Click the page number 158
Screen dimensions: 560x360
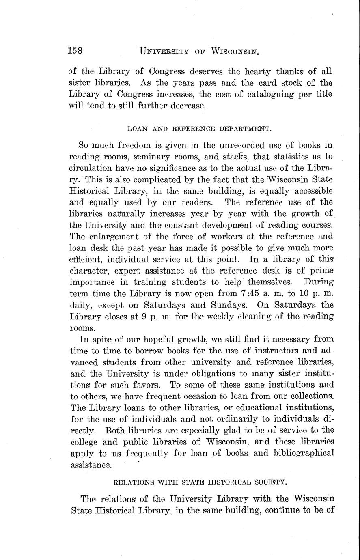[75, 51]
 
